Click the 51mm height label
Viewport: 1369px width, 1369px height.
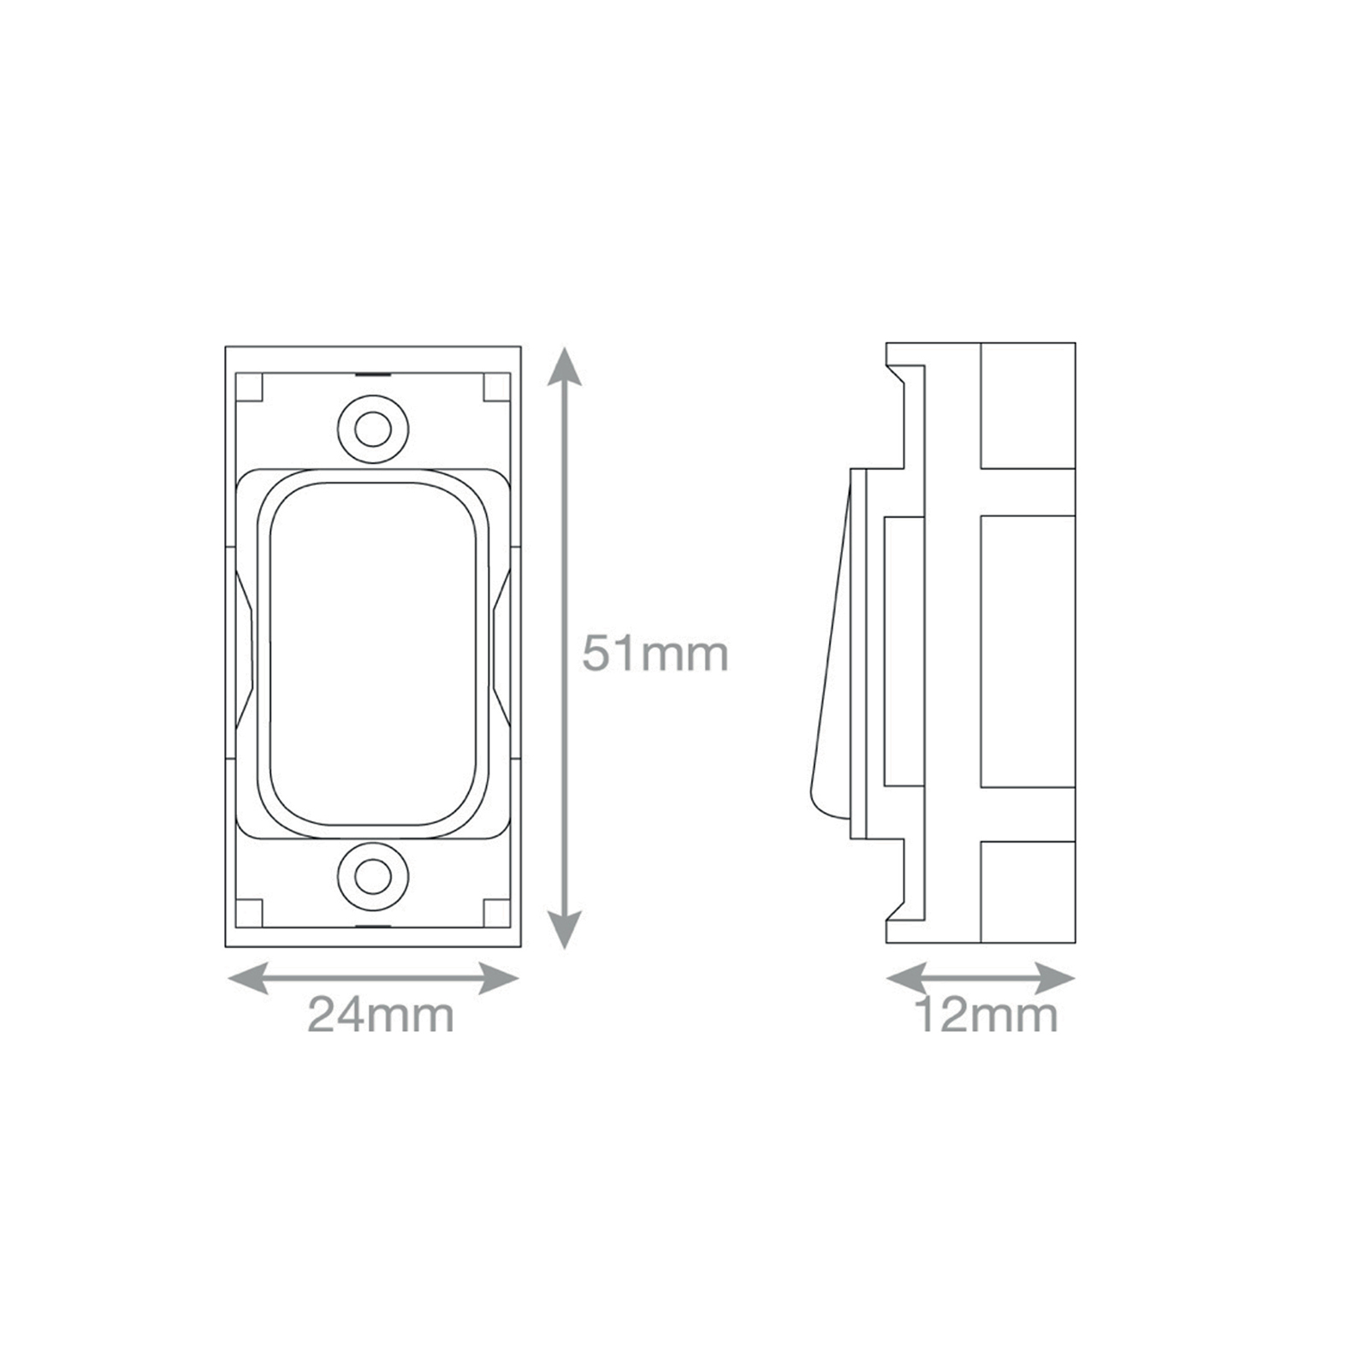pos(655,655)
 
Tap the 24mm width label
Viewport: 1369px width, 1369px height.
pos(381,1016)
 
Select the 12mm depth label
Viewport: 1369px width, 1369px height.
pos(986,1016)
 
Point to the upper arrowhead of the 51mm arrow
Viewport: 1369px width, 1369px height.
pos(564,368)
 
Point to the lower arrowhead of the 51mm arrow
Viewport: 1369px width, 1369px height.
pos(564,927)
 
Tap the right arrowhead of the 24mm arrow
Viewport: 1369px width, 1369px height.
pos(498,978)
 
